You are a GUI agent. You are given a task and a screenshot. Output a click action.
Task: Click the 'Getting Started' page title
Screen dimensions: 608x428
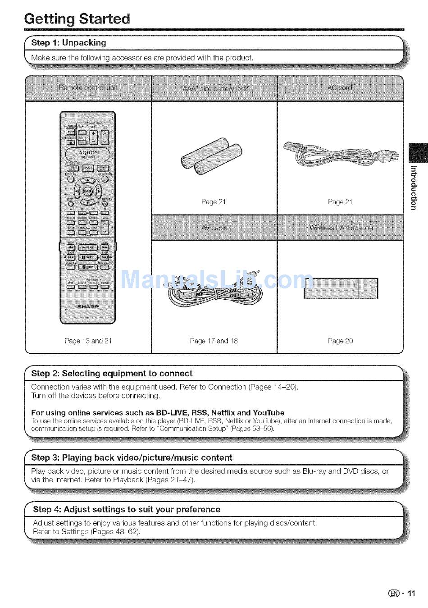pyautogui.click(x=77, y=19)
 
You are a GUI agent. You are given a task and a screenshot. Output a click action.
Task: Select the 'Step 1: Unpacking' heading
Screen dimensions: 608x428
pyautogui.click(x=68, y=43)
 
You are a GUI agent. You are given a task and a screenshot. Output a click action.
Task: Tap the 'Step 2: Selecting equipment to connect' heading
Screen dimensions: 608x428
pyautogui.click(x=112, y=374)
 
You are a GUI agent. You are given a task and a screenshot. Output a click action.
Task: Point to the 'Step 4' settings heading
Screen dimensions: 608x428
pyautogui.click(x=127, y=510)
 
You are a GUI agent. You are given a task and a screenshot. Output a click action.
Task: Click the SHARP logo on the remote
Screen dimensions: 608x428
pyautogui.click(x=88, y=306)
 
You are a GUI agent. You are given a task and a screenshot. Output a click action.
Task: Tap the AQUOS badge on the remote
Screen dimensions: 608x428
pyautogui.click(x=88, y=153)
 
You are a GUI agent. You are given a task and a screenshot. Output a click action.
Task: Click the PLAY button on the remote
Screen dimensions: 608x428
pyautogui.click(x=88, y=247)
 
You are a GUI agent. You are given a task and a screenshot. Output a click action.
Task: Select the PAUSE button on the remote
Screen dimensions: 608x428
pyautogui.click(x=88, y=257)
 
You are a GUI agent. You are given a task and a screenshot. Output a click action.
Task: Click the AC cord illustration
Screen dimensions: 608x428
pyautogui.click(x=341, y=153)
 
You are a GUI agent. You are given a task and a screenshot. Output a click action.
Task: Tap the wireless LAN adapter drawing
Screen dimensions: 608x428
pyautogui.click(x=341, y=288)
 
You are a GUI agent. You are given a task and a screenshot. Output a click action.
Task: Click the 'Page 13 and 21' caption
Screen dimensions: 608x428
pyautogui.click(x=88, y=341)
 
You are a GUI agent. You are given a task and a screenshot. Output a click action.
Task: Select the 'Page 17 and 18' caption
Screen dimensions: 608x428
pyautogui.click(x=214, y=341)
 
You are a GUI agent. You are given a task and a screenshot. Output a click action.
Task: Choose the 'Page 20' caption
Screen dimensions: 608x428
pyautogui.click(x=340, y=341)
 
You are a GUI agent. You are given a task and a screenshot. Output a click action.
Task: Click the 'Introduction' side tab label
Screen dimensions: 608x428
pyautogui.click(x=414, y=187)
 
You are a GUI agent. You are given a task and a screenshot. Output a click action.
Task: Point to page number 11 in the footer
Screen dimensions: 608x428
pyautogui.click(x=411, y=593)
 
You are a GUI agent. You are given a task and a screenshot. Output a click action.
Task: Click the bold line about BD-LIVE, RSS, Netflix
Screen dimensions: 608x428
pyautogui.click(x=158, y=413)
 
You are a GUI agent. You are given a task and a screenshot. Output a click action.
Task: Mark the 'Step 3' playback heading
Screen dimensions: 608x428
pyautogui.click(x=132, y=458)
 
